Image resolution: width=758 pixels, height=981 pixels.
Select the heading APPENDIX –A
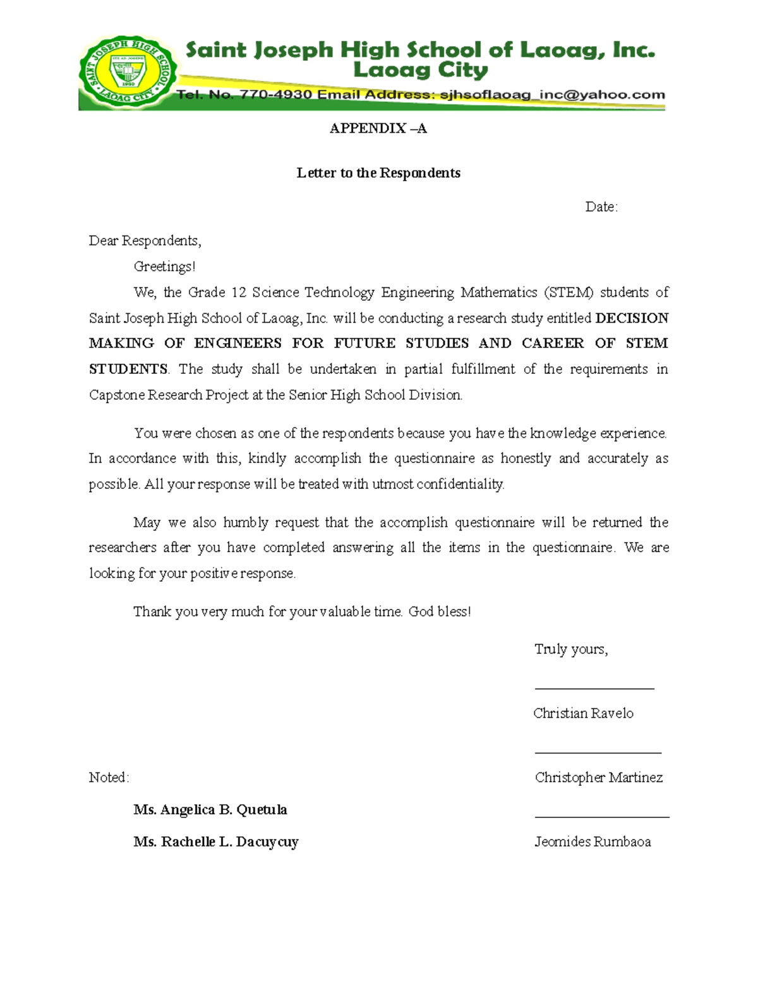point(378,129)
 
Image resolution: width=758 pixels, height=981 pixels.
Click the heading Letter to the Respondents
point(378,173)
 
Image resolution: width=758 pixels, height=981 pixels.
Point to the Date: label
point(601,207)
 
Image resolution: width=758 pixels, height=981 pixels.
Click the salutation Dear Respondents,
point(145,241)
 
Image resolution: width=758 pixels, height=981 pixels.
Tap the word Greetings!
point(164,267)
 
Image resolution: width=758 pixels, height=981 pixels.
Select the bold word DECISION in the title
point(632,318)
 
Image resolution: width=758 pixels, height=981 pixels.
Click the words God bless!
point(440,611)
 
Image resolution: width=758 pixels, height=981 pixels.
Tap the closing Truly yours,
point(571,649)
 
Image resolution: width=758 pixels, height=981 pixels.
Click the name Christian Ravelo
point(583,713)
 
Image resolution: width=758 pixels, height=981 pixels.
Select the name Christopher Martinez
point(598,778)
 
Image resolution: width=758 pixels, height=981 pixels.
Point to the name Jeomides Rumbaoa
point(593,841)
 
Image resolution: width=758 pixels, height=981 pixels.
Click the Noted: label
point(109,778)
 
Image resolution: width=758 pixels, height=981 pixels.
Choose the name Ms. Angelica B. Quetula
point(210,810)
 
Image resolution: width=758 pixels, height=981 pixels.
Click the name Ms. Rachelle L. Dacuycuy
point(216,842)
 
